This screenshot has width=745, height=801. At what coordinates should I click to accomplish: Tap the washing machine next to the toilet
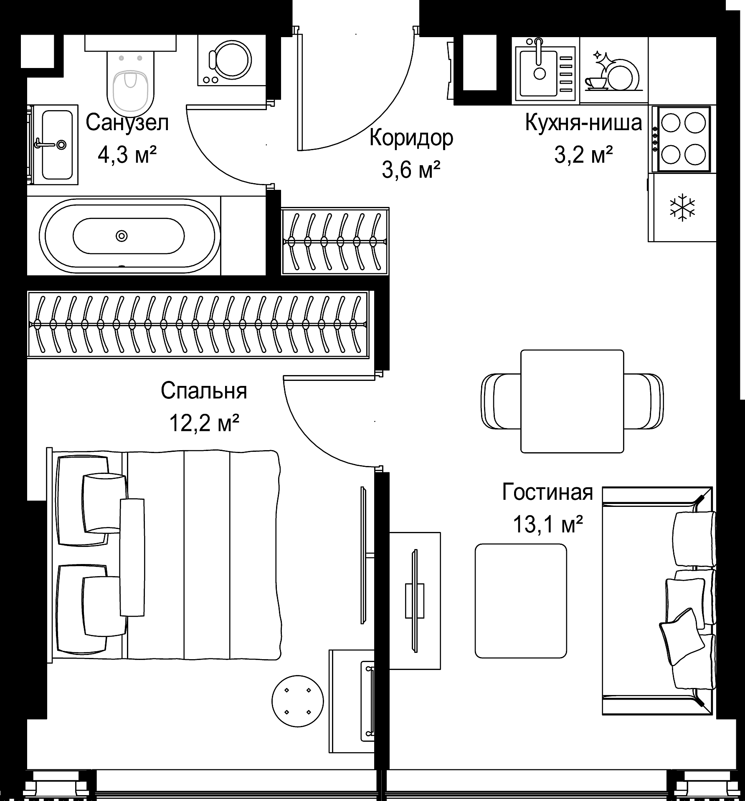[x=231, y=60]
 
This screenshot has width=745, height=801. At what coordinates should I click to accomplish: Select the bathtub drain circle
[x=121, y=236]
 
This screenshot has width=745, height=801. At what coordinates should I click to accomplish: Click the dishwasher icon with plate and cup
[x=614, y=71]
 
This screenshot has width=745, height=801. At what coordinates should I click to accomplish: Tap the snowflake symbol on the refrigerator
[x=683, y=207]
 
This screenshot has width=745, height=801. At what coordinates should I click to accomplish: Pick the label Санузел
[x=127, y=123]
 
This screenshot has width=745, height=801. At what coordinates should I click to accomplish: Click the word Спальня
[x=204, y=391]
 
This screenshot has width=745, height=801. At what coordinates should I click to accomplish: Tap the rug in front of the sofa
[x=521, y=601]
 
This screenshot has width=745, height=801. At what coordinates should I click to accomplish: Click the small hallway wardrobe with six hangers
[x=335, y=242]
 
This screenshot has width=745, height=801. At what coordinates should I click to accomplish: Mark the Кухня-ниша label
[x=583, y=123]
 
